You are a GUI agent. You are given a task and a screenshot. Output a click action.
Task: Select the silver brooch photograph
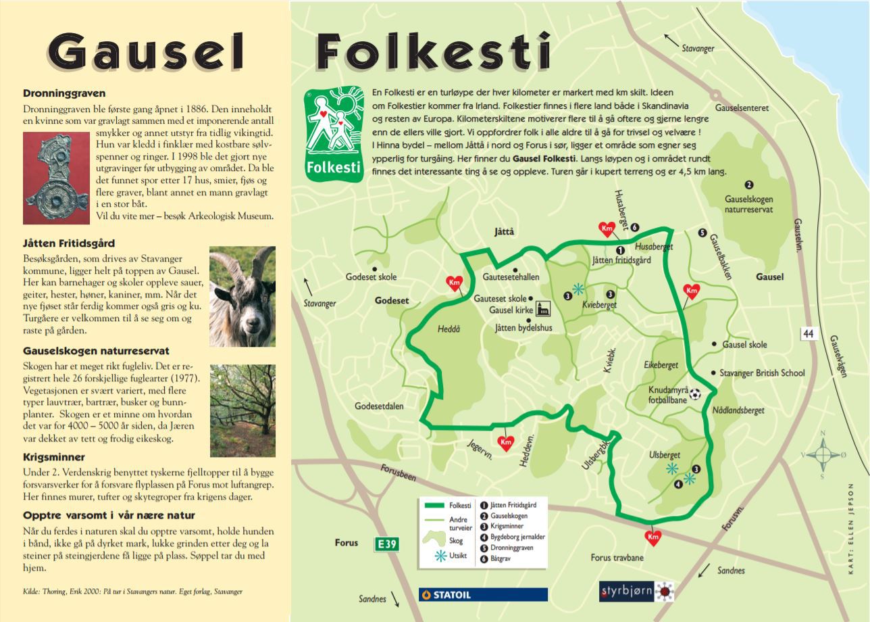tap(56, 177)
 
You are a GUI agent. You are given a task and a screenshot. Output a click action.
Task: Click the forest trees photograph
tap(242, 400)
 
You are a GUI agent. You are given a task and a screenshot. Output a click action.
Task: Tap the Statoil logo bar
tap(483, 594)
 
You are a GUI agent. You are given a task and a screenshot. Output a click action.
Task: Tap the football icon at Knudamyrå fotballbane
tap(695, 393)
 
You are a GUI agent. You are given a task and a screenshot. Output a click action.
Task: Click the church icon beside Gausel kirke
tap(542, 310)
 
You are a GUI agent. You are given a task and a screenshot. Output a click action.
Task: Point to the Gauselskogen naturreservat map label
tap(748, 204)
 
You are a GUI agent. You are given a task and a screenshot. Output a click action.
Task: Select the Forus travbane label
tap(617, 558)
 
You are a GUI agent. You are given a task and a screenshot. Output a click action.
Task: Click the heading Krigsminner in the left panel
tap(54, 457)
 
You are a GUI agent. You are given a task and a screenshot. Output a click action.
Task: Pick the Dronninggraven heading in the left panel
tap(64, 94)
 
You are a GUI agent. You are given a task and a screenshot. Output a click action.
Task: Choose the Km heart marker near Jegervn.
tap(505, 442)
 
